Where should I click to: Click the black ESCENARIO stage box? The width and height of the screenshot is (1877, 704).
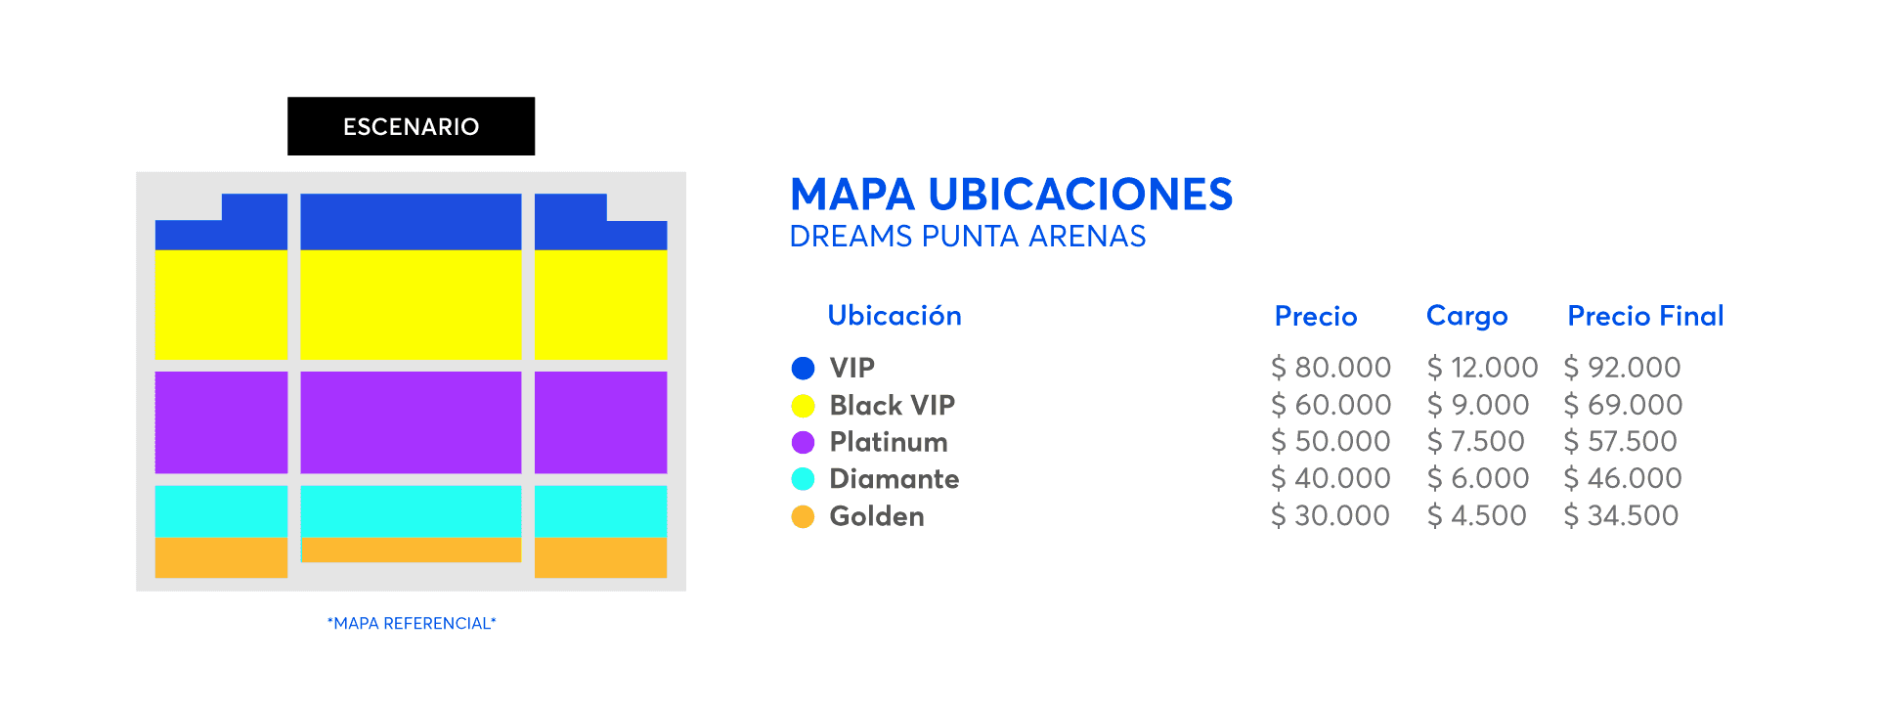click(411, 126)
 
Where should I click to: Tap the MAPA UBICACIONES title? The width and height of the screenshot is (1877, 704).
click(1011, 195)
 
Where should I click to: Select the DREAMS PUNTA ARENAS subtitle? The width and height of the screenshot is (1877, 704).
click(967, 237)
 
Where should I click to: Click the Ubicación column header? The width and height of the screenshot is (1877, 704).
click(895, 315)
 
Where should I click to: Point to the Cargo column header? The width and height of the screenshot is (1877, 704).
click(1466, 317)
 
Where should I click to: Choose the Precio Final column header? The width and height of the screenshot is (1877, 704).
click(1645, 316)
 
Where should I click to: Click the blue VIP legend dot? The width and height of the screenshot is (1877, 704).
click(803, 368)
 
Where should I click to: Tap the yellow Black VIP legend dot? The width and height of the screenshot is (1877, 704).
click(803, 405)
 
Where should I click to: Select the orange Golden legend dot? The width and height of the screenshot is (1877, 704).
click(803, 516)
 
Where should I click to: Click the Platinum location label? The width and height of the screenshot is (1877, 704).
click(889, 442)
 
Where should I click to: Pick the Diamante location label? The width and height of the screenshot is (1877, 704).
click(895, 479)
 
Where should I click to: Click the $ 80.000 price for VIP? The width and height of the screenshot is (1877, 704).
click(1331, 368)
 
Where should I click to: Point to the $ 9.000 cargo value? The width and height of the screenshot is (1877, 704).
click(1477, 405)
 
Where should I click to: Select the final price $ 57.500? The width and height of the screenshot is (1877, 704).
click(1620, 442)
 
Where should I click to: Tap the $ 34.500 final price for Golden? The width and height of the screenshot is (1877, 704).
click(1621, 516)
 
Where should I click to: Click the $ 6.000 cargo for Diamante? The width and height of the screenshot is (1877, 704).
click(1477, 479)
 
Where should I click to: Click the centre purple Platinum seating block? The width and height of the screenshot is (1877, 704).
click(411, 422)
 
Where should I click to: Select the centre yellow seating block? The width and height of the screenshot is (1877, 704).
click(411, 304)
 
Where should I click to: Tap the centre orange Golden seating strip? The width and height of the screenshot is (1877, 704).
click(411, 550)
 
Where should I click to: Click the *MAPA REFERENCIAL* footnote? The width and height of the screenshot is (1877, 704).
click(412, 624)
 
